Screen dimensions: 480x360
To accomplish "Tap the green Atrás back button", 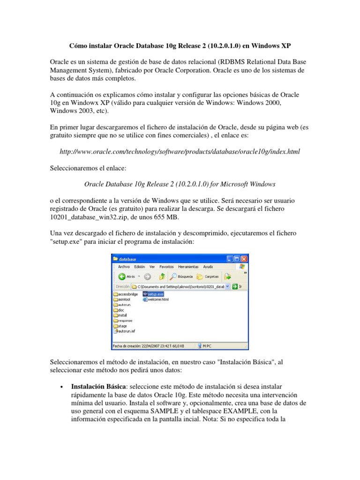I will [126, 276].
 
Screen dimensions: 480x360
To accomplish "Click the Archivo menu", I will [124, 266].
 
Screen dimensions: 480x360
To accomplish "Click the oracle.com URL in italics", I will [180, 152].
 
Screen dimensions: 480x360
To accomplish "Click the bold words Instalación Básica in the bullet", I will [97, 387].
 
